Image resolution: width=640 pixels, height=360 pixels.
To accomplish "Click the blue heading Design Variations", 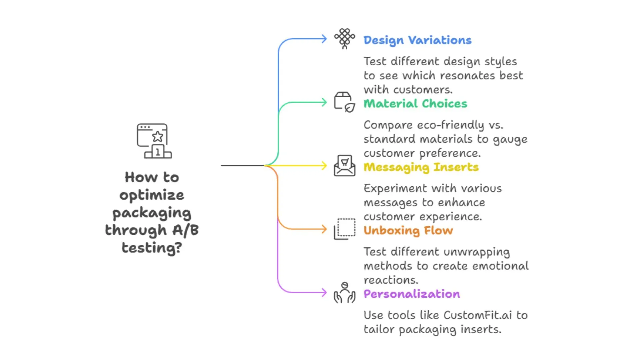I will pos(417,40).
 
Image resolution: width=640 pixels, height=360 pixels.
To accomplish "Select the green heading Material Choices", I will pos(415,104).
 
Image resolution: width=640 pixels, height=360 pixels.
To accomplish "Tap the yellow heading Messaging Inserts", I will pos(421,167).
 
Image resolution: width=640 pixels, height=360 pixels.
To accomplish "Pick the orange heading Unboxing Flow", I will pos(408,230).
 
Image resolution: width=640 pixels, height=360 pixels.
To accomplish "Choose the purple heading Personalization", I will pos(412,294).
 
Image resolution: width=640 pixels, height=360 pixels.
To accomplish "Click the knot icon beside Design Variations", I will pos(345,38).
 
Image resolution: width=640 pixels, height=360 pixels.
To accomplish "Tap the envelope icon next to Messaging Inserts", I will pos(344,165).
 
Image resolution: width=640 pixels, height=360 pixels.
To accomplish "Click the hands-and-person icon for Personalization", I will pos(345,292).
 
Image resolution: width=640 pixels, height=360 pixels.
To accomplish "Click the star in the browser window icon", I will pos(158,136).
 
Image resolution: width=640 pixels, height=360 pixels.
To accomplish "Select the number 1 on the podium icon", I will pos(158,152).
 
